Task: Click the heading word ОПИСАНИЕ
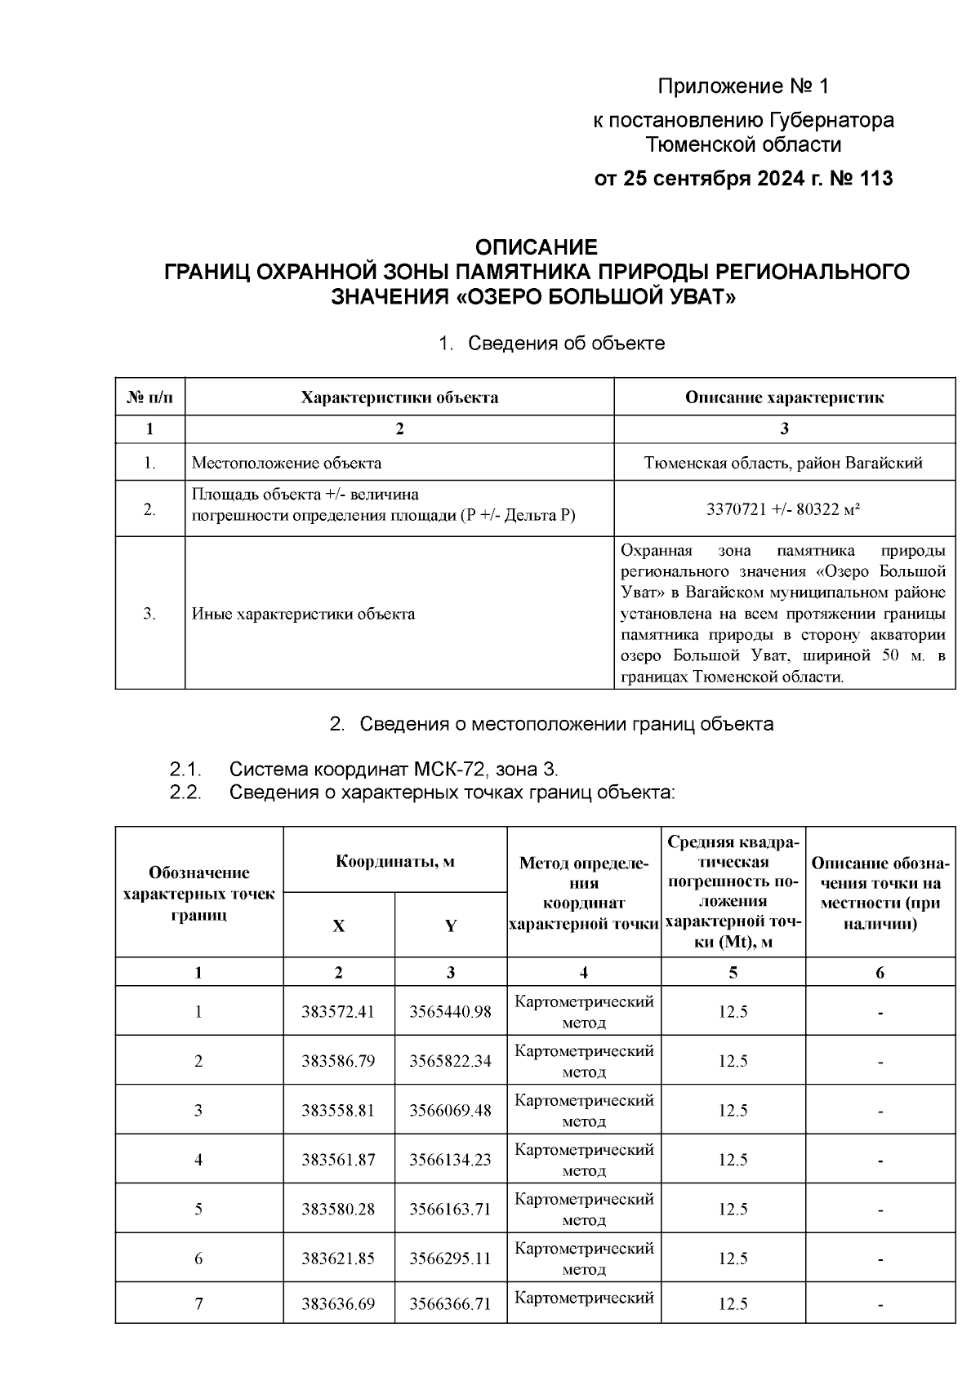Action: click(x=537, y=247)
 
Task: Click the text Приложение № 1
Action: click(x=743, y=87)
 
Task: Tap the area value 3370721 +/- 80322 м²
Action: click(x=784, y=509)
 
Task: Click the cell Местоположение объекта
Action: click(x=287, y=464)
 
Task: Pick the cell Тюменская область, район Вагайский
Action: click(x=784, y=464)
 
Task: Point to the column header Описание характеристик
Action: click(x=784, y=398)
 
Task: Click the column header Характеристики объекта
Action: click(x=399, y=398)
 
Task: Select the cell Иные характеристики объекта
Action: click(x=303, y=614)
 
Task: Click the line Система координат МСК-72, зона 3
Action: click(x=394, y=769)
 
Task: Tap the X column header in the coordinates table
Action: click(x=338, y=926)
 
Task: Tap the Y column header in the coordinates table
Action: click(x=450, y=926)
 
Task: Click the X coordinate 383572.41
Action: click(x=338, y=1012)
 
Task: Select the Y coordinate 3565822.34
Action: click(x=450, y=1061)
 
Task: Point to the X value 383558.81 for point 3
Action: click(x=338, y=1111)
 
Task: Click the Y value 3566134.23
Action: click(x=450, y=1160)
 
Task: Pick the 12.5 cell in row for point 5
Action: click(x=733, y=1210)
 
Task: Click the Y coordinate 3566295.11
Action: click(x=450, y=1258)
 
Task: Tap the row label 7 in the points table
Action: click(x=198, y=1304)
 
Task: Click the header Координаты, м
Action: click(x=395, y=862)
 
